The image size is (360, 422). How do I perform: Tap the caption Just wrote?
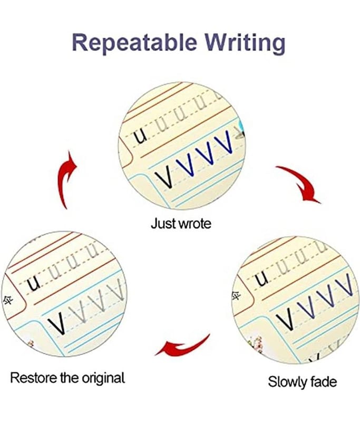(181, 223)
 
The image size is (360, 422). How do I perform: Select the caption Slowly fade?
(302, 381)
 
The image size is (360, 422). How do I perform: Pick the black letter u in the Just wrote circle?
(140, 137)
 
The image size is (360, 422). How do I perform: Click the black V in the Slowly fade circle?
(286, 318)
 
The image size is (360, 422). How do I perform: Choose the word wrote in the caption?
(194, 223)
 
